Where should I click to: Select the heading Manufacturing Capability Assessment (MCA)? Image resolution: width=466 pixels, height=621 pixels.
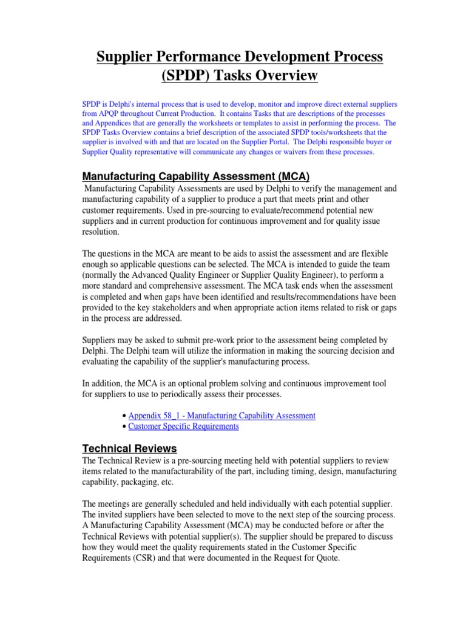195,176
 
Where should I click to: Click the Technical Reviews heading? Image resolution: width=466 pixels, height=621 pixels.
129,449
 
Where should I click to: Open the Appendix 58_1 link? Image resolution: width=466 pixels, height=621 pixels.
221,415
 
